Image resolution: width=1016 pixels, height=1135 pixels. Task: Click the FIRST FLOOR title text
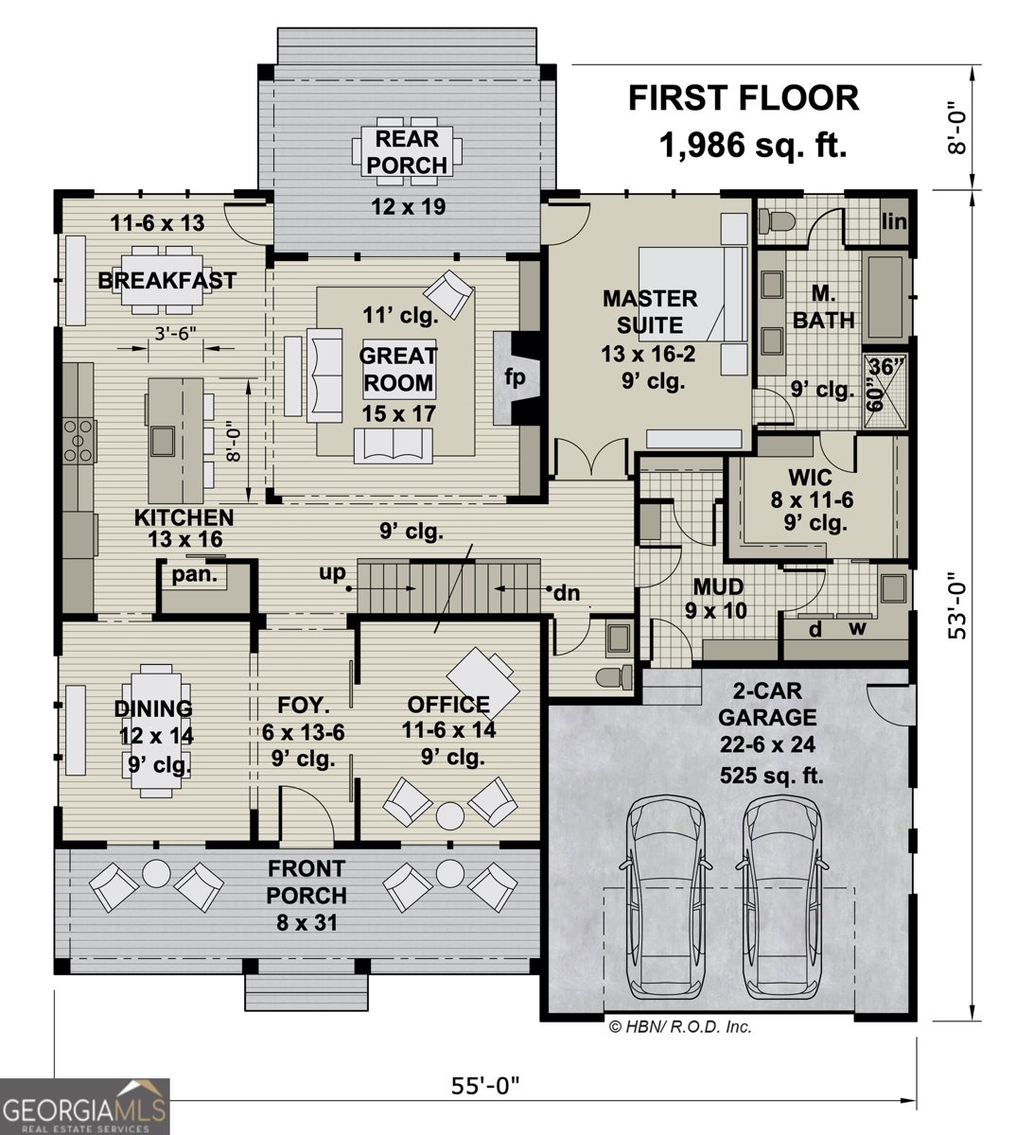click(x=744, y=97)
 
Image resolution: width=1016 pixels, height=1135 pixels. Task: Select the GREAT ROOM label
click(x=397, y=369)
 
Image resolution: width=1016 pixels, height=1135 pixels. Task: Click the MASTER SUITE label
click(x=650, y=312)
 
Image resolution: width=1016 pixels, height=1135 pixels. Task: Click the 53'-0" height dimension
click(x=959, y=604)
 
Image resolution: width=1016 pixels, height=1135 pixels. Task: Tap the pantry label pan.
click(x=194, y=574)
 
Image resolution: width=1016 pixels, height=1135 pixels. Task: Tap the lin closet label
click(x=893, y=221)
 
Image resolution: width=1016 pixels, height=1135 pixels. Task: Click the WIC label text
click(x=809, y=478)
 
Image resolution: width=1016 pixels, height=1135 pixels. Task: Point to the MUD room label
click(x=717, y=586)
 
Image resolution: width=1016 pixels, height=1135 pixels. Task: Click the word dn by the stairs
click(x=566, y=594)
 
